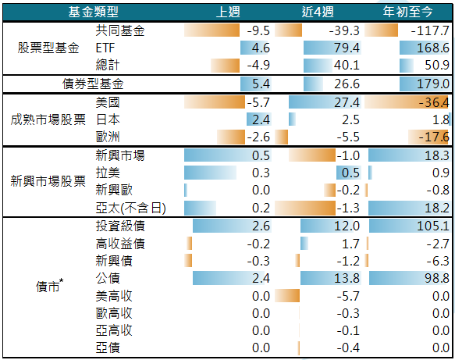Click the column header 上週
click(x=228, y=12)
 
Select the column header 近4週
click(x=318, y=12)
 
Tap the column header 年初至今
click(x=407, y=12)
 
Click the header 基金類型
click(x=93, y=12)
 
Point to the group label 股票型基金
click(x=48, y=48)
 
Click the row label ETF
click(x=105, y=48)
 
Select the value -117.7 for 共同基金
click(x=430, y=30)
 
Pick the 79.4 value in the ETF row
click(x=347, y=48)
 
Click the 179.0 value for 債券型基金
click(x=433, y=84)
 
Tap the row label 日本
click(x=108, y=119)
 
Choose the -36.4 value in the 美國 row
click(x=434, y=102)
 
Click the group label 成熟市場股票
click(x=48, y=119)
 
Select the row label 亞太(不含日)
click(x=131, y=208)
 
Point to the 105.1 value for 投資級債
click(x=433, y=226)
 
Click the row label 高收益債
click(x=120, y=244)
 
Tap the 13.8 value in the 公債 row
click(x=347, y=278)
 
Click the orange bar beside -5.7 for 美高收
click(x=287, y=296)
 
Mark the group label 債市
click(x=49, y=286)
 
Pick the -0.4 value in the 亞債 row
click(x=348, y=348)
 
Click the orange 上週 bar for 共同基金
click(x=212, y=30)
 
